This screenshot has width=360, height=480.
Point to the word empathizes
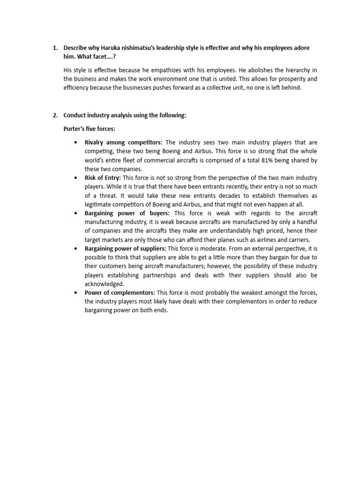pyautogui.click(x=151, y=70)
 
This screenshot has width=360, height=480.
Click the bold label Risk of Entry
pyautogui.click(x=103, y=178)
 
